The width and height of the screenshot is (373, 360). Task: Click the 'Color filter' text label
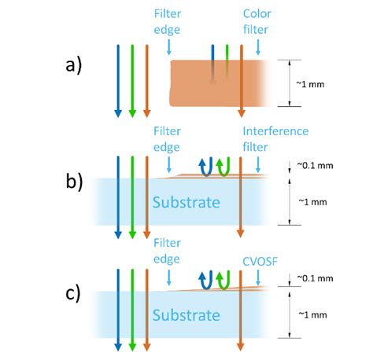(257, 21)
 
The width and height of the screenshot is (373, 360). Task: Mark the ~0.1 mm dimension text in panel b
(320, 165)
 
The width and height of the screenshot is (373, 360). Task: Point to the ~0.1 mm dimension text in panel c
(320, 278)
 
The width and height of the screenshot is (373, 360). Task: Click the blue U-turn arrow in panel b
(205, 166)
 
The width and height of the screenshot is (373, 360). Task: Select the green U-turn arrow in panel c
(222, 280)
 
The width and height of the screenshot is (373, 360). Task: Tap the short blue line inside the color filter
(212, 63)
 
